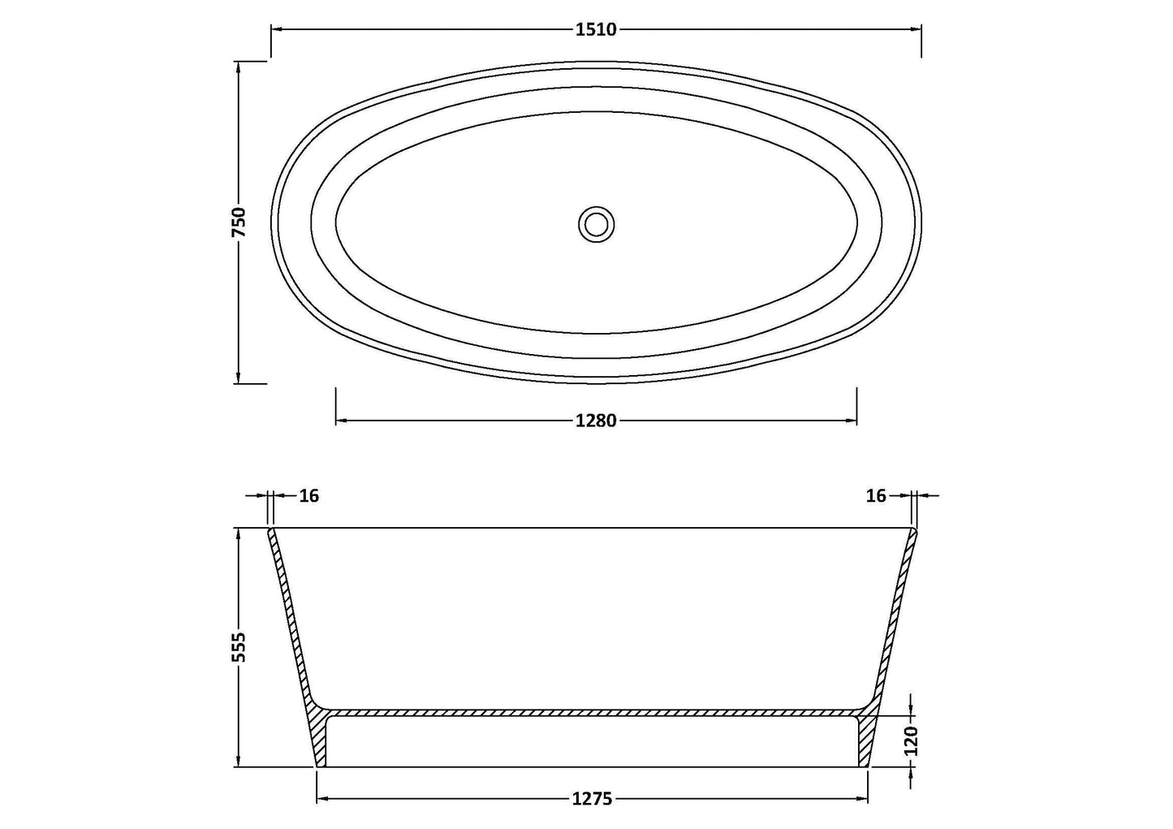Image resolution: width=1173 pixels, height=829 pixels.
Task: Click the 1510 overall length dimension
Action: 596,30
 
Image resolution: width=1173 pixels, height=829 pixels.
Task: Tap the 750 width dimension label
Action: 239,222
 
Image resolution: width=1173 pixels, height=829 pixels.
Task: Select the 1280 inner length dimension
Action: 596,420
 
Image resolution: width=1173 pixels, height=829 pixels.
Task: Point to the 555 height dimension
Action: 239,647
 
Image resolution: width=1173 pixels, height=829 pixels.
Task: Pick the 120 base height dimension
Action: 912,740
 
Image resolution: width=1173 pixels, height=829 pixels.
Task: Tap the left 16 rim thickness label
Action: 309,495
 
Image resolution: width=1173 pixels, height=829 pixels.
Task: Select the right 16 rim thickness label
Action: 876,495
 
